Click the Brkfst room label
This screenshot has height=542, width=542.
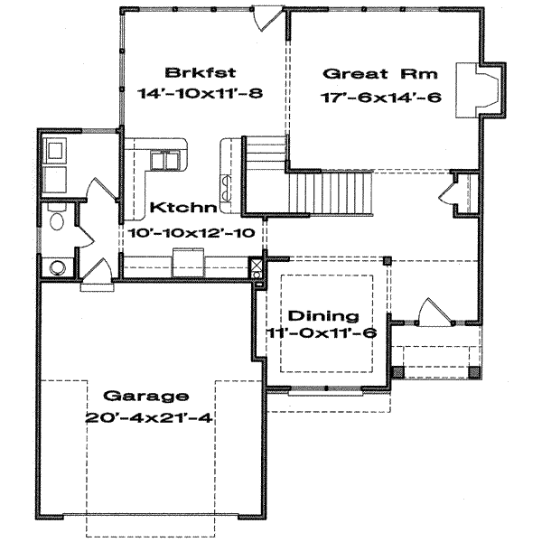[190, 73]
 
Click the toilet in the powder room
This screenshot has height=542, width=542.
[56, 220]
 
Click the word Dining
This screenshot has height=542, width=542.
[324, 316]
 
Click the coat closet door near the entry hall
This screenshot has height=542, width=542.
[449, 191]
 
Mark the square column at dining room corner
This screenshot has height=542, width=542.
[388, 260]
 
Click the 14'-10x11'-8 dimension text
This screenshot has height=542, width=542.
[201, 94]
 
